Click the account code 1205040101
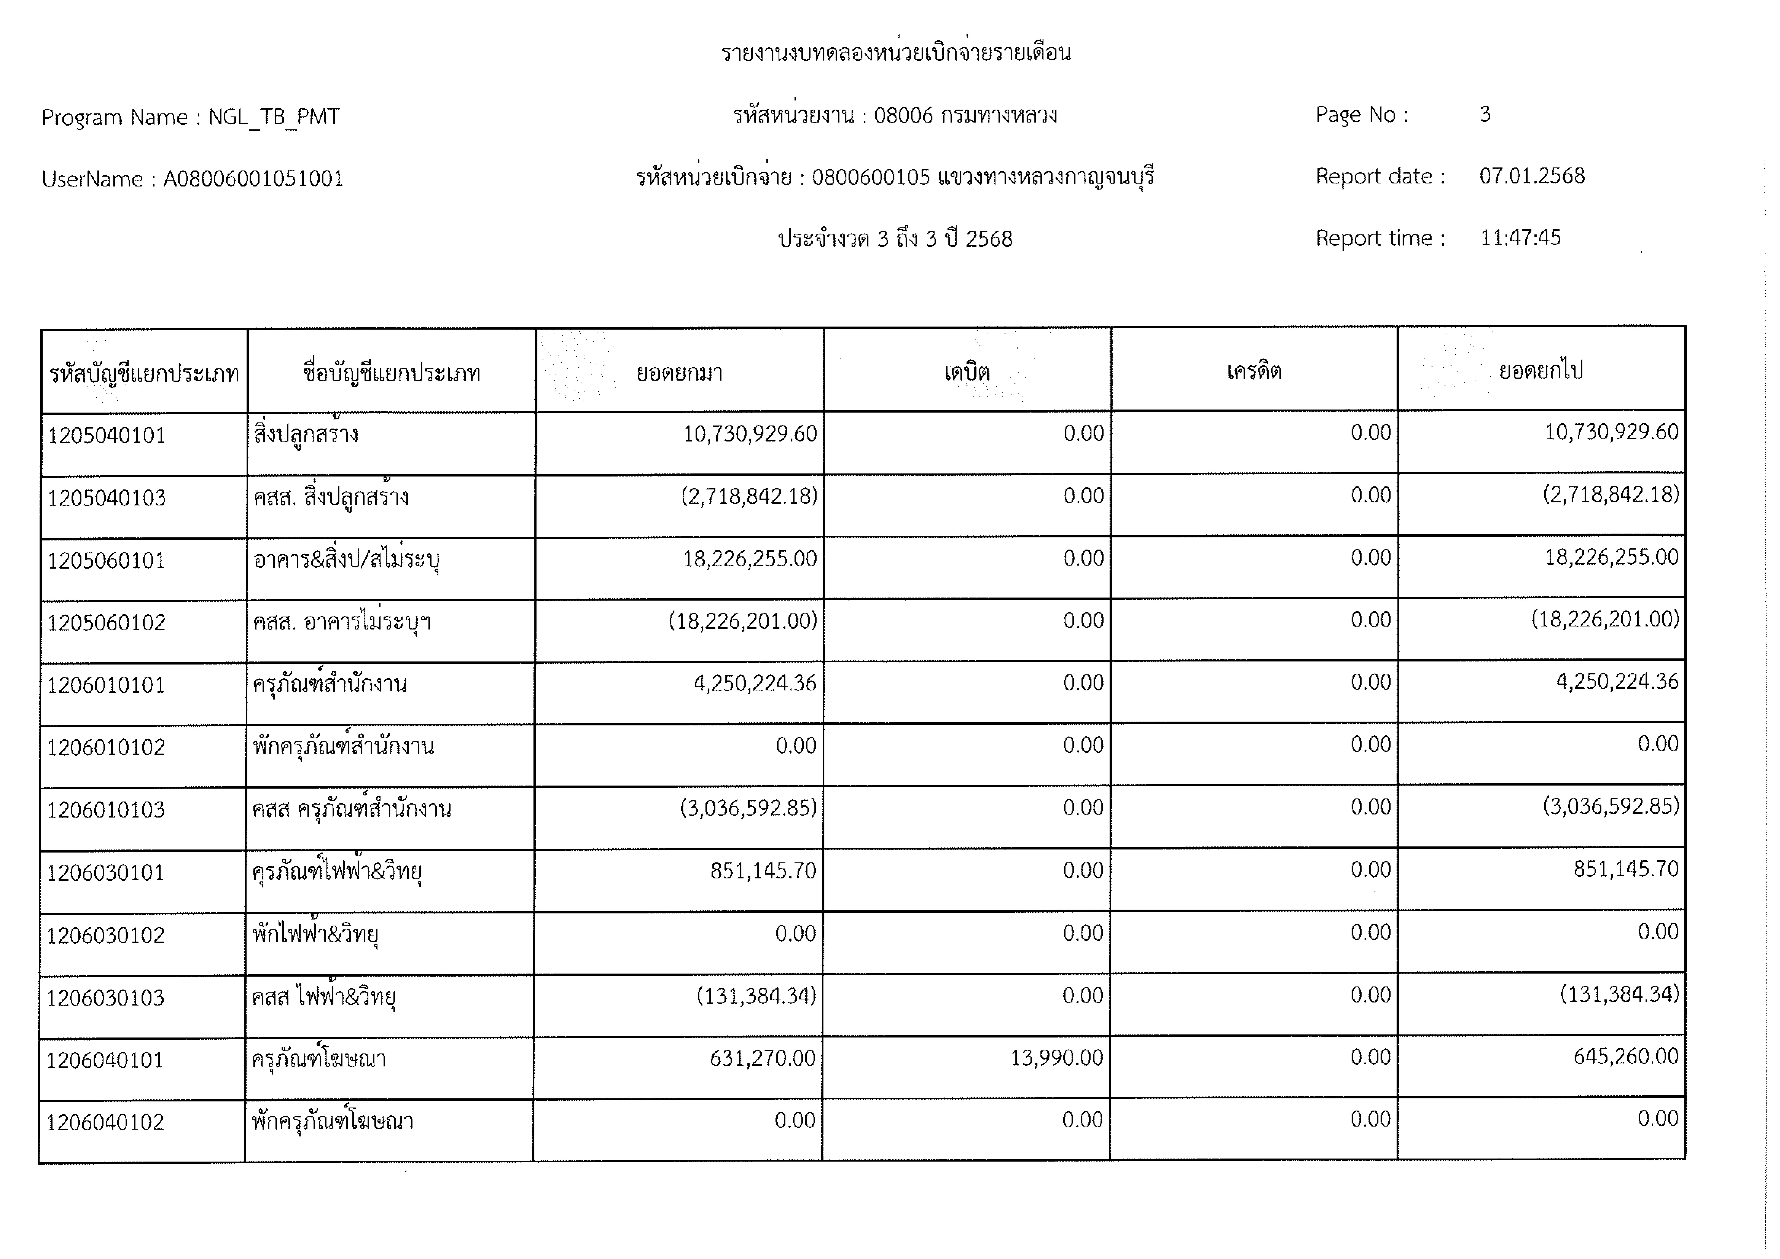pos(107,436)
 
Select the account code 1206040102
pos(106,1122)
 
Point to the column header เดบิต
pos(967,372)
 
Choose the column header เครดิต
pos(1254,371)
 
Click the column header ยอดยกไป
pos(1541,370)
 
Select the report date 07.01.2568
pos(1531,176)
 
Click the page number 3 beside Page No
pos(1485,115)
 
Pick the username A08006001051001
pos(253,179)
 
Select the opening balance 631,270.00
pos(762,1058)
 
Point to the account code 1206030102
pos(106,936)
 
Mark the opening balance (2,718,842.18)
pos(749,496)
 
